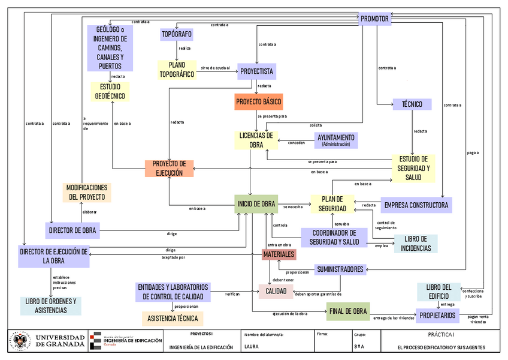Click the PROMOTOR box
coord(375,19)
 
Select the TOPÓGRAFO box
coord(176,35)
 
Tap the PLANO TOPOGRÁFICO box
coord(176,70)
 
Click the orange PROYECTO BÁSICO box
coord(258,101)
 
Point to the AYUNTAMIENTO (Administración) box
coord(335,140)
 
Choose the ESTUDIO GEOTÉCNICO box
coord(110,91)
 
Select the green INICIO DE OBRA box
coord(256,204)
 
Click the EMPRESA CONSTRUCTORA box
coord(416,205)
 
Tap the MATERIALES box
coord(279,254)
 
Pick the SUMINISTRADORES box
coord(340,269)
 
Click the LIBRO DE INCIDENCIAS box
coord(416,243)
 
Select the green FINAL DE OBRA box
coord(347,311)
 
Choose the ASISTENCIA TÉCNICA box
coord(173,318)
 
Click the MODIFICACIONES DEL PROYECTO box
coord(87,192)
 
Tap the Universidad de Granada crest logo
coord(19,341)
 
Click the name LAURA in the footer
coord(252,347)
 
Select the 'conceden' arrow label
coord(297,143)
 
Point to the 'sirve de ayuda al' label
coord(216,68)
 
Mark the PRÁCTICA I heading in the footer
coord(442,334)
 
